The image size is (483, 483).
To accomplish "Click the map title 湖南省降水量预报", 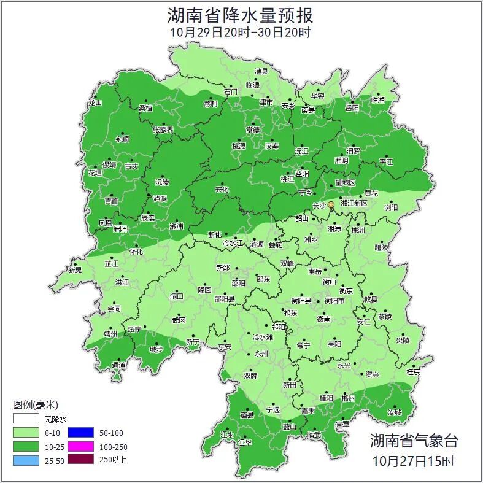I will (x=241, y=15).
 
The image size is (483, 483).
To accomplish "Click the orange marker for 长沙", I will (x=331, y=204).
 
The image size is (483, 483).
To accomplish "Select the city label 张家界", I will (x=163, y=130).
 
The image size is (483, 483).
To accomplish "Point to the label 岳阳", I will (x=352, y=109).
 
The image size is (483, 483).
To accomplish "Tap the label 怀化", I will (x=136, y=252).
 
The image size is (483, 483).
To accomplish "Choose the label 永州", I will (x=261, y=354).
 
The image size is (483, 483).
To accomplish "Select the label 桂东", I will (x=413, y=372).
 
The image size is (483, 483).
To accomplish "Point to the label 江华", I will (x=245, y=442).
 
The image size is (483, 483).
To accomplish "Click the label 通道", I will (x=118, y=366).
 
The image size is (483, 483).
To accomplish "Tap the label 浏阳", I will (x=391, y=207).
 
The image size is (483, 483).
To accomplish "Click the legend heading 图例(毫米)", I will (x=36, y=404).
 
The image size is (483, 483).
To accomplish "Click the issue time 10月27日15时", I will (x=414, y=460).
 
